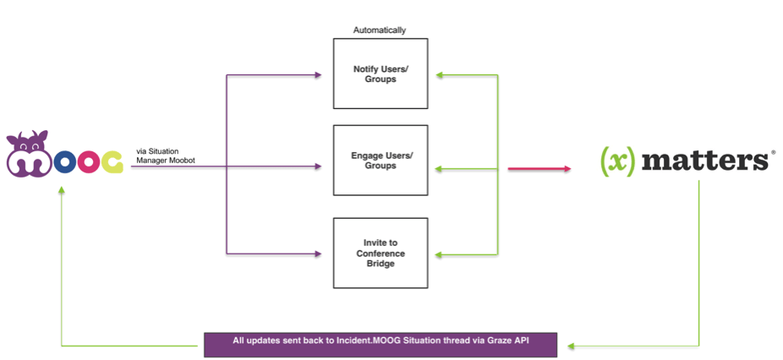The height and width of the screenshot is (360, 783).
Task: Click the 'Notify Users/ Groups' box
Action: pos(381,74)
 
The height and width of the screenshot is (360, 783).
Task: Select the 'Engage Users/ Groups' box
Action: pos(381,161)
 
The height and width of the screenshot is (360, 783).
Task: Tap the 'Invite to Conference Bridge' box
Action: pos(381,253)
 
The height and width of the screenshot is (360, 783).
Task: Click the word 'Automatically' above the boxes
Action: pos(380,30)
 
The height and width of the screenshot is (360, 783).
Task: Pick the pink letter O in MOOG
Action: pos(64,163)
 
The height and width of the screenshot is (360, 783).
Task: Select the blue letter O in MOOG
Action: pos(88,163)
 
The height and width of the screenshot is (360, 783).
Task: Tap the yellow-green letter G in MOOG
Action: pos(112,163)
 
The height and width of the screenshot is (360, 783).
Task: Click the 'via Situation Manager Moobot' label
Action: pos(163,155)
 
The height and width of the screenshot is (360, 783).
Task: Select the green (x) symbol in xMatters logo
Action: pos(617,161)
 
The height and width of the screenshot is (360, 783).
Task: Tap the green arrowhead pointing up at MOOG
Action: pos(62,191)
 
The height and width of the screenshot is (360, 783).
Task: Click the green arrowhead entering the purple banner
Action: pos(572,345)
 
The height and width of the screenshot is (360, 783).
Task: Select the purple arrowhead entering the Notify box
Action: pos(317,75)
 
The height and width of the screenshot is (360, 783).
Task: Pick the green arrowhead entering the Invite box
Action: pos(438,254)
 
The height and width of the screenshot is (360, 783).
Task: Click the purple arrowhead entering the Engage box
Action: pos(317,167)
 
